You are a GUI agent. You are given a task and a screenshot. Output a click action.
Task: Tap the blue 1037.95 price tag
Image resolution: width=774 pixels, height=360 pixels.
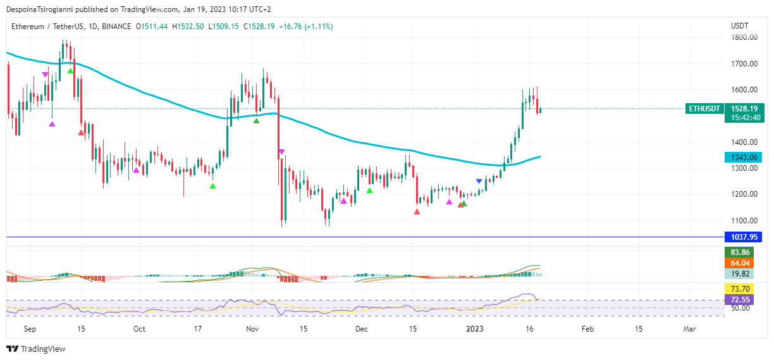point(743,237)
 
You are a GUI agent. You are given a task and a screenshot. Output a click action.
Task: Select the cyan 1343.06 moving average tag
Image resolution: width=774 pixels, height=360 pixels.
point(743,158)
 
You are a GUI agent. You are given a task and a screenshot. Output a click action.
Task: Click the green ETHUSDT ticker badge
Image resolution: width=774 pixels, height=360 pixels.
point(704,109)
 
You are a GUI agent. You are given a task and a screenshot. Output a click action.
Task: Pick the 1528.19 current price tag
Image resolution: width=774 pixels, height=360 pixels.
point(744,109)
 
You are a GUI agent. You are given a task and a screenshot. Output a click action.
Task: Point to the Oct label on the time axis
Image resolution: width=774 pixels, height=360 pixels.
point(139,329)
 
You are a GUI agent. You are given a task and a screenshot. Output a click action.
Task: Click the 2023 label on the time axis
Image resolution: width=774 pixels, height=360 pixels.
point(474,329)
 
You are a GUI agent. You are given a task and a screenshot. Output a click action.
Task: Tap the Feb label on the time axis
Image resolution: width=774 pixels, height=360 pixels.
point(587,329)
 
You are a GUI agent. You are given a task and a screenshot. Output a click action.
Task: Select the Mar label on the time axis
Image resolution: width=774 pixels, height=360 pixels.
point(690,329)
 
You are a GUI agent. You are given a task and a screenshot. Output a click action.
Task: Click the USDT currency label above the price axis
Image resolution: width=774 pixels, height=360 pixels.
point(739,26)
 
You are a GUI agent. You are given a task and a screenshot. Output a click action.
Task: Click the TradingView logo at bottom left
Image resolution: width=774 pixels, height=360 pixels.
point(36,349)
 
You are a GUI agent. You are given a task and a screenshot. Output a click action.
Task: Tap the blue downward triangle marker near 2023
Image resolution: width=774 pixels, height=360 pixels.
point(479,182)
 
